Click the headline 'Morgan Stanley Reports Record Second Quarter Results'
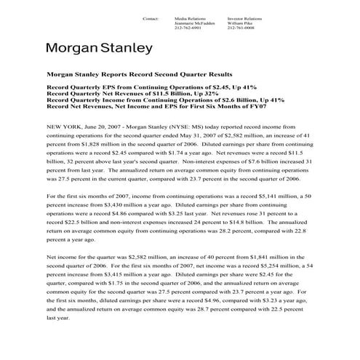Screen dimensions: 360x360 (x=139, y=74)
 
